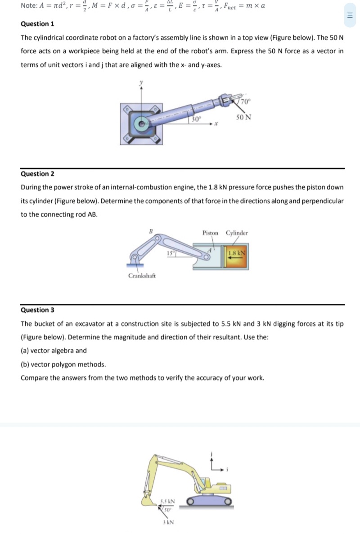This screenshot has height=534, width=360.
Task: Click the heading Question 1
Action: [x=37, y=24]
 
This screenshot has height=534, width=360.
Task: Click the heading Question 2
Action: [x=37, y=174]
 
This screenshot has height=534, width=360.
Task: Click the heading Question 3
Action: [x=37, y=310]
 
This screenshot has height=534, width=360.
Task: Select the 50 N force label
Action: [x=243, y=118]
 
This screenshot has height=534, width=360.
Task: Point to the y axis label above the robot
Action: [x=142, y=83]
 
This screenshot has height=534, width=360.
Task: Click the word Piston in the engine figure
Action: [x=210, y=233]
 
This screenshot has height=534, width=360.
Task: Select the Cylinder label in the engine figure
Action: [x=237, y=233]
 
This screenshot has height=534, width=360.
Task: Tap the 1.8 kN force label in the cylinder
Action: [x=237, y=253]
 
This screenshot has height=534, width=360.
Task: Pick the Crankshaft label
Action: [x=142, y=276]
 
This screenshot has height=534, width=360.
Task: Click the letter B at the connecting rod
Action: [x=151, y=231]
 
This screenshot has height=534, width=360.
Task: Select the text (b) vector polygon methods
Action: [x=63, y=364]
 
